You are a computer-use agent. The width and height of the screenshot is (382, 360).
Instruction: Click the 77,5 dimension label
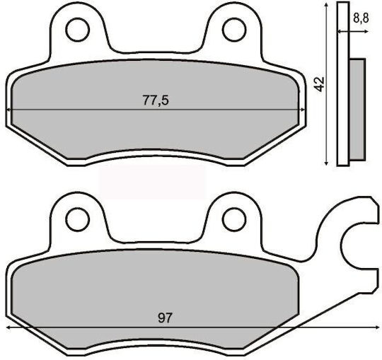(x=156, y=100)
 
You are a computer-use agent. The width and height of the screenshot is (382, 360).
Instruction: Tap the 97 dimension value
(x=165, y=318)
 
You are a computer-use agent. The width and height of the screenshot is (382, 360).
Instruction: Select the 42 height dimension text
(x=319, y=84)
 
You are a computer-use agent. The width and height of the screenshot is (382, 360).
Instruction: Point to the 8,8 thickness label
(x=361, y=18)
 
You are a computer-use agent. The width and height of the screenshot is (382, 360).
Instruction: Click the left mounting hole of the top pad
(x=78, y=30)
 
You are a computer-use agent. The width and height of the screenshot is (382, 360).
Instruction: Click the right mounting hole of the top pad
(x=234, y=30)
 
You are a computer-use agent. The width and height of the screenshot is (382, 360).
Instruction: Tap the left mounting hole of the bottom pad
(x=78, y=219)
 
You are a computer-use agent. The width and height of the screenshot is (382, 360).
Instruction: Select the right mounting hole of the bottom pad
(x=234, y=219)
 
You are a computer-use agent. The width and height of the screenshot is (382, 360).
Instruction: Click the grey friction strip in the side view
(x=358, y=110)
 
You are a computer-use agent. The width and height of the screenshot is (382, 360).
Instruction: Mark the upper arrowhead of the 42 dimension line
(x=326, y=6)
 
